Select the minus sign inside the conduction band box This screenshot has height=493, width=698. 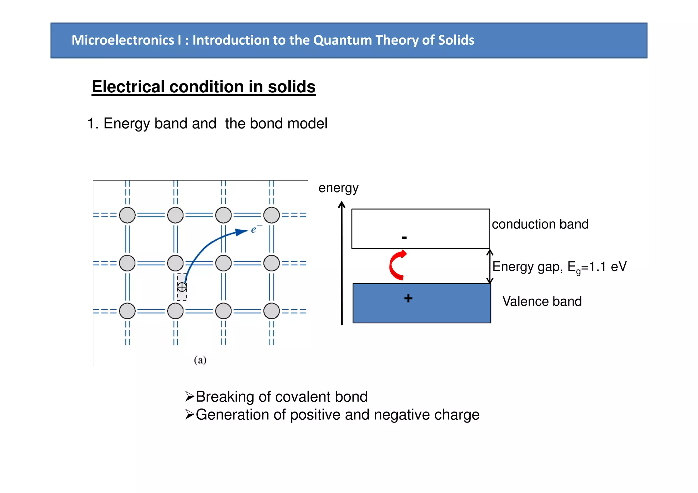pyautogui.click(x=404, y=237)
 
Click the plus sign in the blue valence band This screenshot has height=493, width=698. pyautogui.click(x=408, y=298)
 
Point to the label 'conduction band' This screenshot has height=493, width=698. pyautogui.click(x=540, y=224)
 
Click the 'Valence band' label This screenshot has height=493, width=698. pyautogui.click(x=542, y=301)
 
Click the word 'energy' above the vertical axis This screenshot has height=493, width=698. pyautogui.click(x=338, y=188)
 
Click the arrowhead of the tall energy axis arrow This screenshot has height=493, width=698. pyautogui.click(x=342, y=204)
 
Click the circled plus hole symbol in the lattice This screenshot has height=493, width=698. pyautogui.click(x=182, y=287)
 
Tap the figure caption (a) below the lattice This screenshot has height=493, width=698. pyautogui.click(x=200, y=360)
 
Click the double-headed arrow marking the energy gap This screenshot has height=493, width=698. pyautogui.click(x=490, y=266)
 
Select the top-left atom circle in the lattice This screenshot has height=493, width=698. pyautogui.click(x=127, y=215)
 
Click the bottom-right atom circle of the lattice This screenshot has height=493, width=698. pyautogui.click(x=272, y=311)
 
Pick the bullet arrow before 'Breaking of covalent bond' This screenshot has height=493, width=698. pyautogui.click(x=189, y=397)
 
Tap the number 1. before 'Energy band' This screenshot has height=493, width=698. pyautogui.click(x=93, y=123)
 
